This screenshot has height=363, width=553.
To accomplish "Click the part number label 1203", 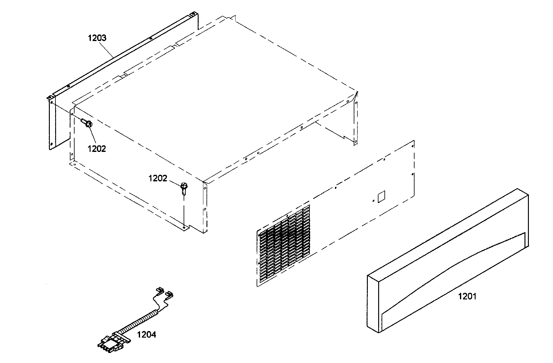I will tap(97, 38).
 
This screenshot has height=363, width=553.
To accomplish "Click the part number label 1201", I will tap(467, 296).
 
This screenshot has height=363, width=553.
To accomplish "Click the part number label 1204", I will tap(146, 335).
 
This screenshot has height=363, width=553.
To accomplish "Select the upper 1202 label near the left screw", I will tap(97, 149).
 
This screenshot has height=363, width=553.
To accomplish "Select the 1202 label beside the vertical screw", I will tap(158, 179).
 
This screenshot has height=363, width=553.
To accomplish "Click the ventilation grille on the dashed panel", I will tap(283, 246).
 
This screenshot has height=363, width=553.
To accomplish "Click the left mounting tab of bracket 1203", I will tap(51, 100).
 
